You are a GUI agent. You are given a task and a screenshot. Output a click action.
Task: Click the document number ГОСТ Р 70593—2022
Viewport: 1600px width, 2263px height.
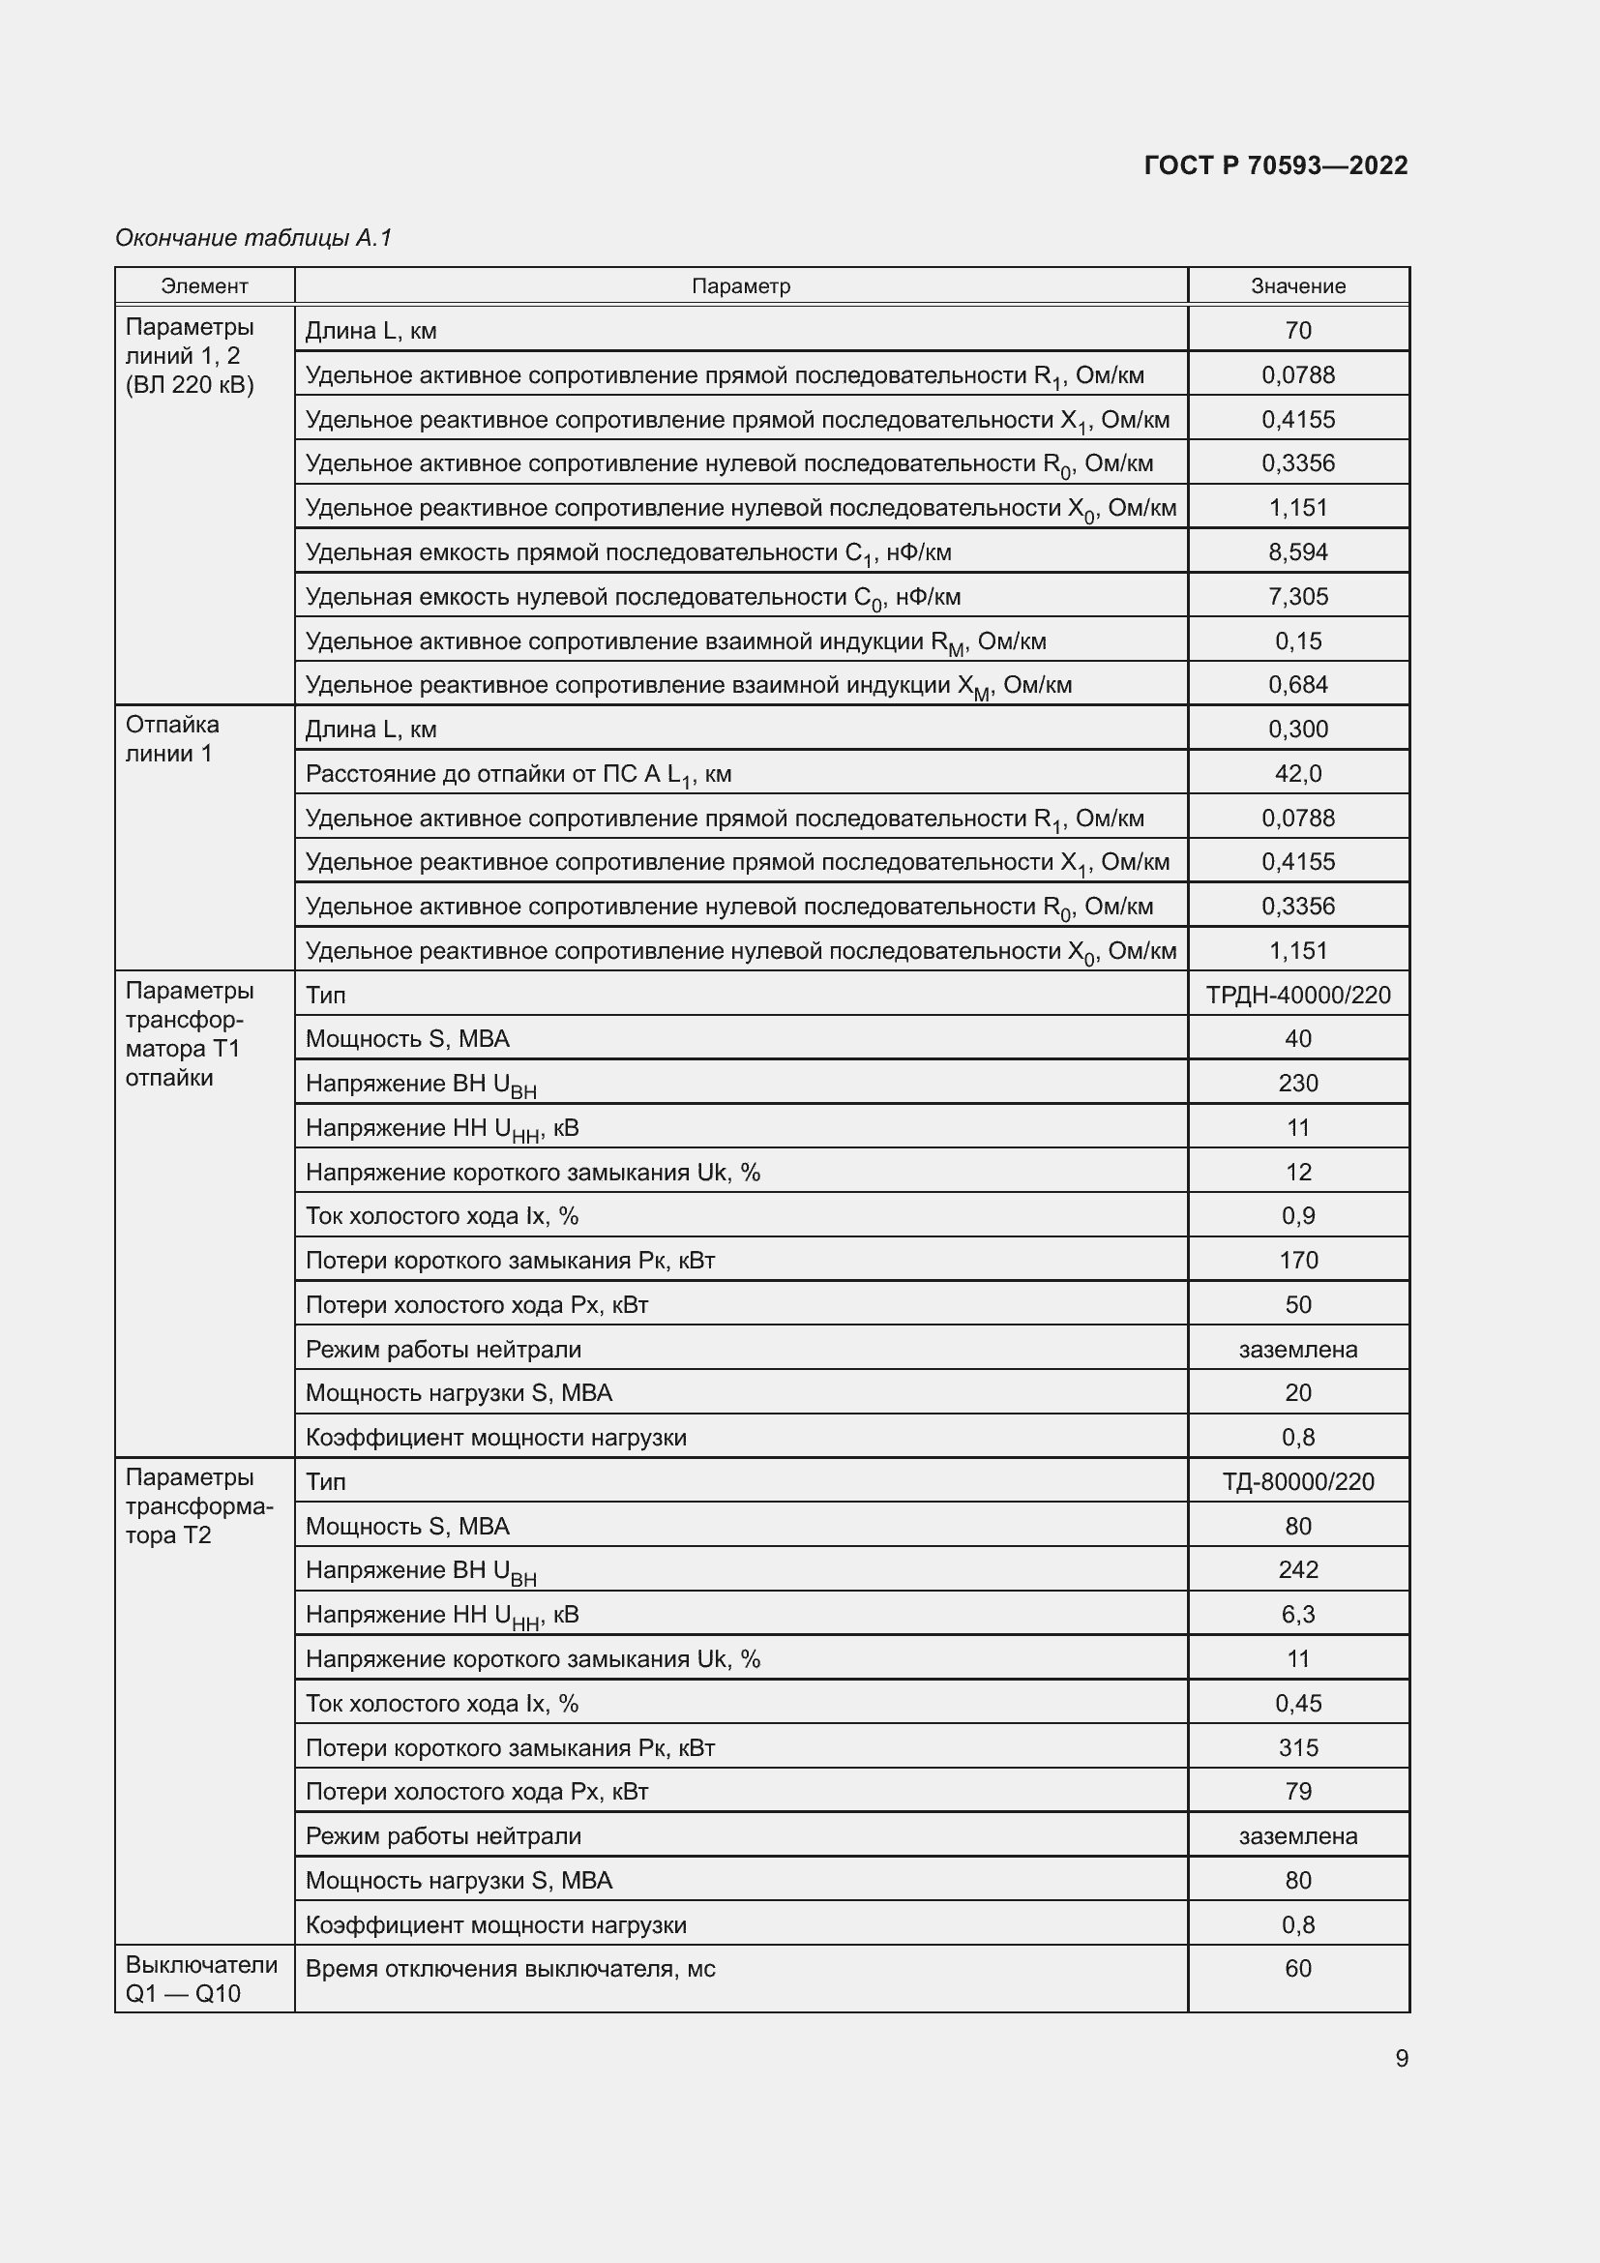(1275, 164)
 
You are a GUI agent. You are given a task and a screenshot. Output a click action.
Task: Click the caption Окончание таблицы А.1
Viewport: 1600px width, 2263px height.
(253, 238)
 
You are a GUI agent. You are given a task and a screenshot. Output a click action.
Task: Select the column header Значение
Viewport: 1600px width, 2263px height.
(1297, 285)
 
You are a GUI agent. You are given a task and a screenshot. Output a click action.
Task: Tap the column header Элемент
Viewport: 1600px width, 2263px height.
(204, 285)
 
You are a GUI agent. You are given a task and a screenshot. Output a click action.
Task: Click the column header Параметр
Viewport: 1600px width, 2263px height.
(740, 285)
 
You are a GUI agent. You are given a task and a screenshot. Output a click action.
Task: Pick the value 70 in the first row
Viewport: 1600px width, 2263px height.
(1297, 330)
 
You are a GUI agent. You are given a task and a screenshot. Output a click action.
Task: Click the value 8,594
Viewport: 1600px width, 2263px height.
(1297, 551)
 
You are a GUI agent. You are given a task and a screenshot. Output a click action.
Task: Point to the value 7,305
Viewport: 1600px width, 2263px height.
(1297, 596)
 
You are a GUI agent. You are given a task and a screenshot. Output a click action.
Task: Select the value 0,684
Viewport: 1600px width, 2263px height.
(1297, 684)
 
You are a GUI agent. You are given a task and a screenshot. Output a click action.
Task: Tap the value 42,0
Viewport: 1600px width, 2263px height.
(1297, 774)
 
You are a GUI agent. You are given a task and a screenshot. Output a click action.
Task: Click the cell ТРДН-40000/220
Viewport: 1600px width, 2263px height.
(1297, 995)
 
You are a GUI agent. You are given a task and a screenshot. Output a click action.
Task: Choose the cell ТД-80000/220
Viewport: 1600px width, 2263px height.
(1297, 1481)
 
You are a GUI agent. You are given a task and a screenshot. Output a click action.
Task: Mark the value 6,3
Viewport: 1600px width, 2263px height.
(1297, 1615)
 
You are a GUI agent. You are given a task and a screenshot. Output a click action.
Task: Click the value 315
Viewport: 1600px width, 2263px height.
(1297, 1747)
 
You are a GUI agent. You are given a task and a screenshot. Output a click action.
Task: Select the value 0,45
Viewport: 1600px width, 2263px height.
(1297, 1703)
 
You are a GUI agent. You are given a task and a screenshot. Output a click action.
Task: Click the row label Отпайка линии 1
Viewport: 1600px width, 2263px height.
(172, 738)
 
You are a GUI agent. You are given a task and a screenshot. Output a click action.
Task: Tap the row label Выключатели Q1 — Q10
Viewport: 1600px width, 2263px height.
(201, 1980)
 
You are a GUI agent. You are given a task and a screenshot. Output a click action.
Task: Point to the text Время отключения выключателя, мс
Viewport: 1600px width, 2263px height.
(510, 1969)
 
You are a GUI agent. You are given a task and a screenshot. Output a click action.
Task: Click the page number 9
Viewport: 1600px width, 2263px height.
(1401, 2058)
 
